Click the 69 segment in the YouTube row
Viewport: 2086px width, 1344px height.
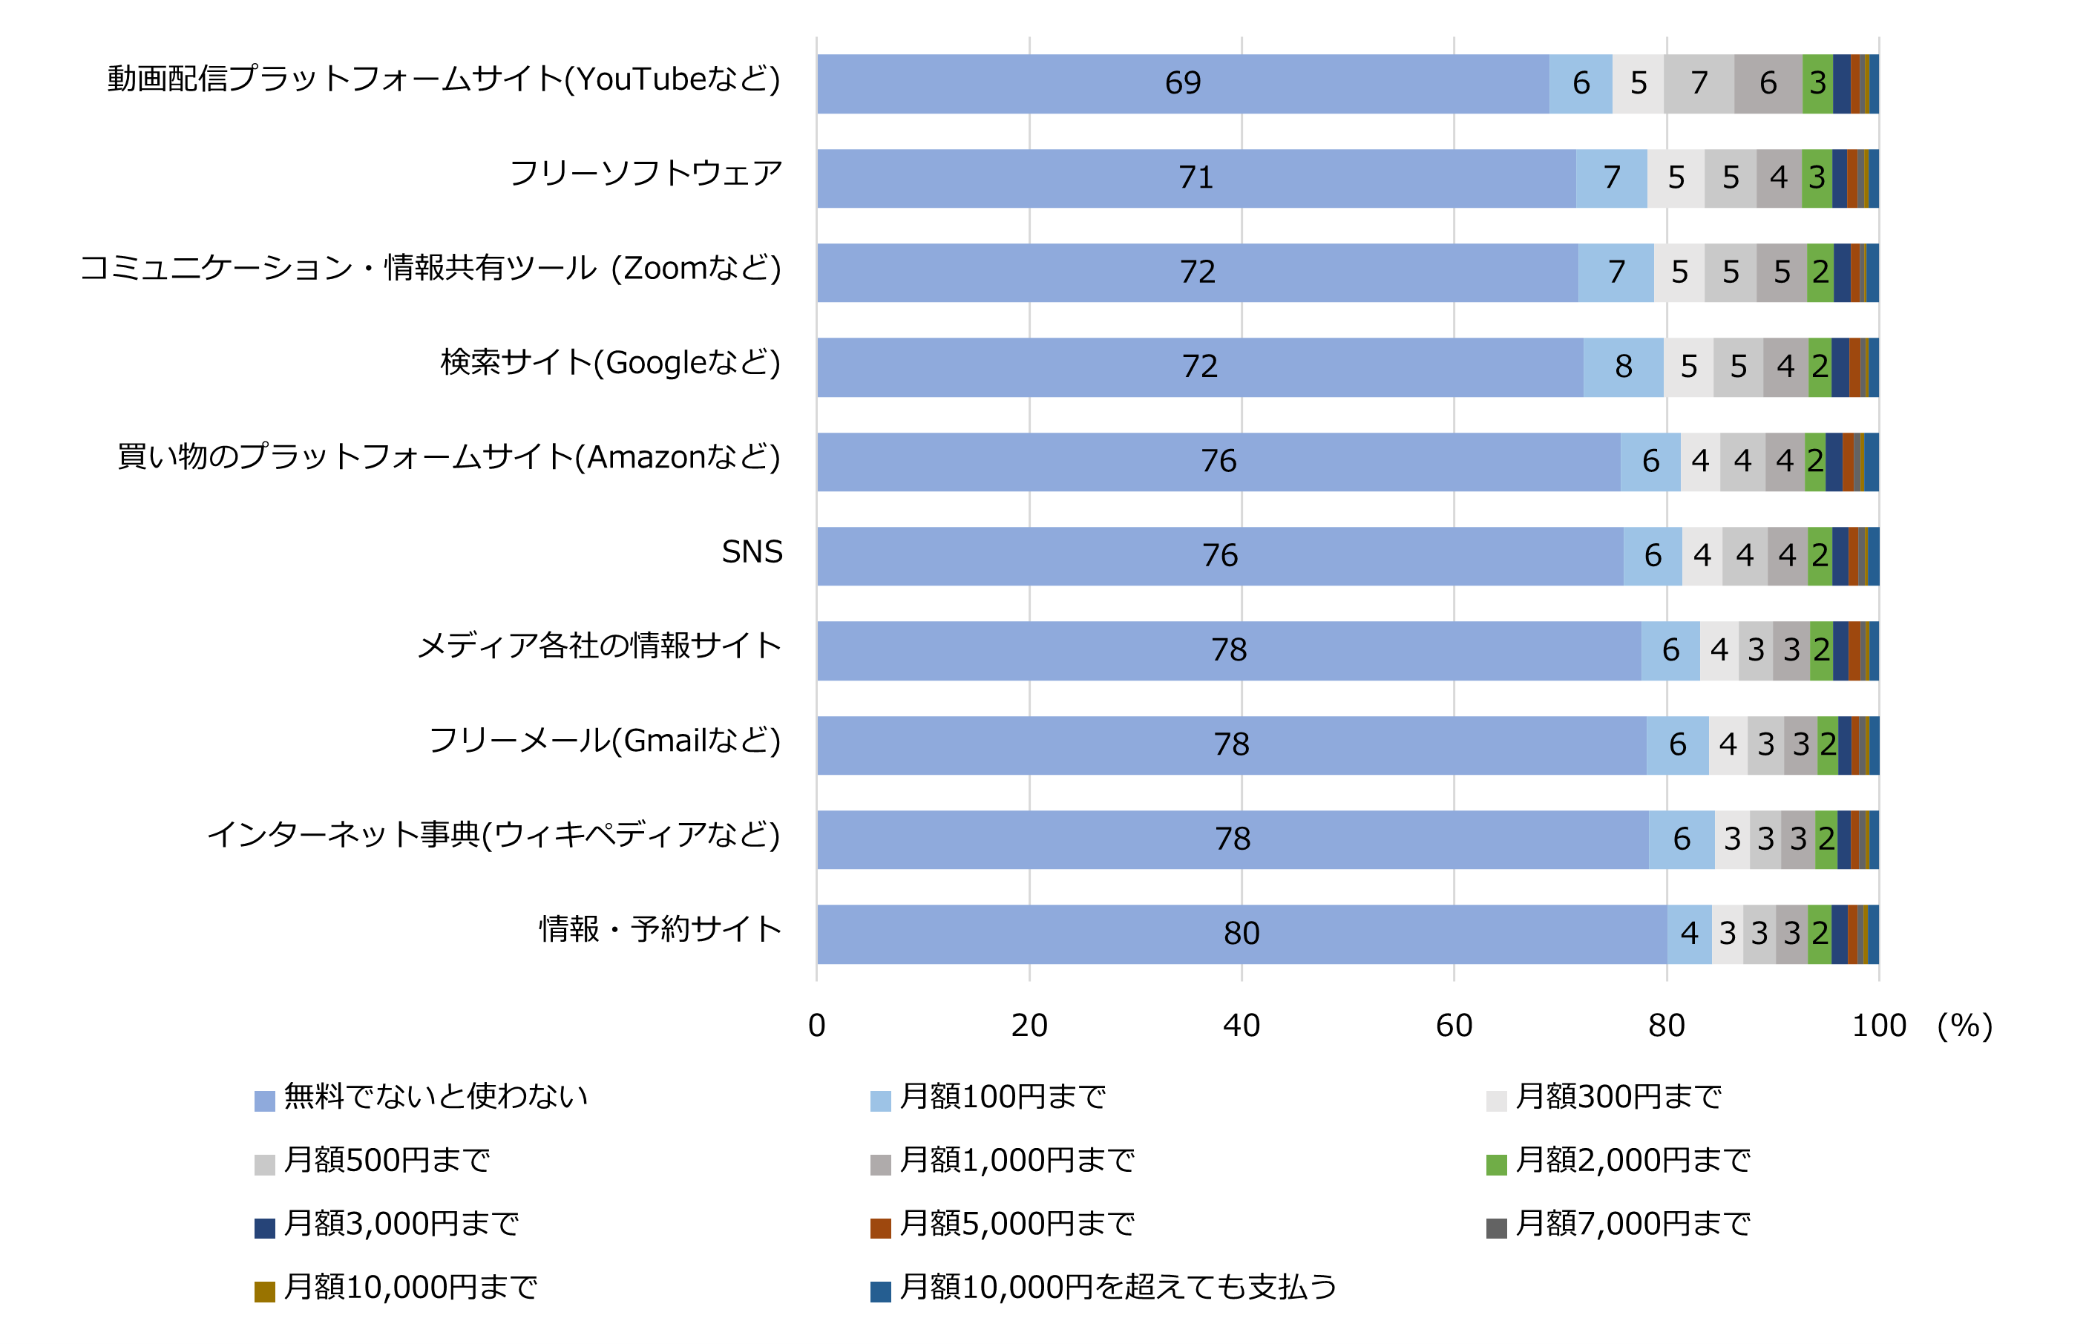tap(1182, 83)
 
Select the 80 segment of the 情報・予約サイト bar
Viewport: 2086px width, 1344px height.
tap(1241, 933)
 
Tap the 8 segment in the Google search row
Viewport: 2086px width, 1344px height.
tap(1623, 367)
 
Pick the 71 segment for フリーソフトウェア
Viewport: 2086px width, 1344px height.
tap(1195, 178)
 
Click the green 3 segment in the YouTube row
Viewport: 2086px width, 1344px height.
tap(1817, 83)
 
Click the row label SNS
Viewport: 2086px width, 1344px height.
tap(751, 551)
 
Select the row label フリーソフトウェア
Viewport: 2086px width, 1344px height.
tap(645, 173)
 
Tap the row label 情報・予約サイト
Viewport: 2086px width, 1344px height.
tap(660, 928)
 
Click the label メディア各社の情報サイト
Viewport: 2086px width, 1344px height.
tap(600, 646)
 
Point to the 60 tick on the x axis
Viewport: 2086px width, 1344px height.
tap(1454, 1025)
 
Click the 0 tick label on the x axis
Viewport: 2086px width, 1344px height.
tap(816, 1025)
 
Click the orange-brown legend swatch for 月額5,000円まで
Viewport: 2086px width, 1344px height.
tap(879, 1228)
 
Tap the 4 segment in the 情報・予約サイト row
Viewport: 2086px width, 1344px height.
tap(1689, 933)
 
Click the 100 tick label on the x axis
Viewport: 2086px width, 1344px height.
tap(1878, 1025)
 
